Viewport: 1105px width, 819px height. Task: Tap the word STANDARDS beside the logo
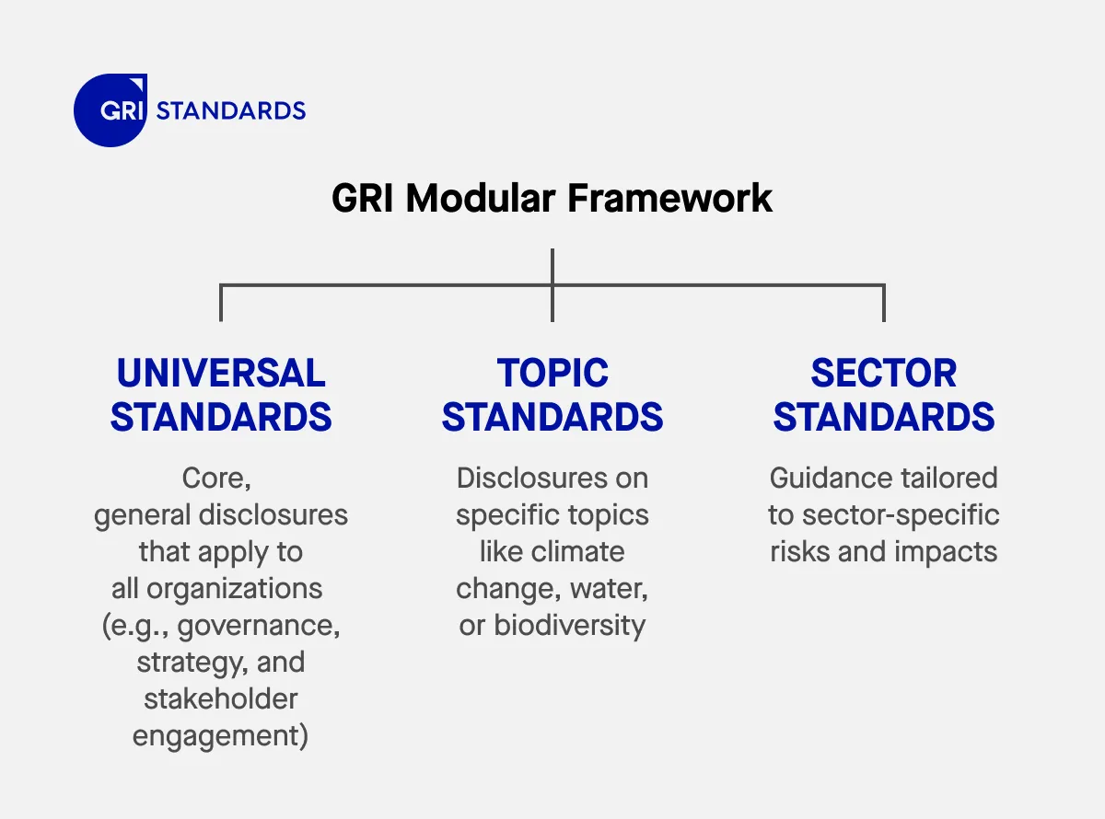pyautogui.click(x=231, y=111)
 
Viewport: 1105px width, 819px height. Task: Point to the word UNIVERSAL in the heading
pyautogui.click(x=221, y=374)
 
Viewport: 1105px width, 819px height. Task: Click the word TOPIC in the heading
pyautogui.click(x=552, y=374)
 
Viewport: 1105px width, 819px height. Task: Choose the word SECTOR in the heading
pyautogui.click(x=883, y=374)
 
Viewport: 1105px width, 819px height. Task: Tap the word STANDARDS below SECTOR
pyautogui.click(x=883, y=417)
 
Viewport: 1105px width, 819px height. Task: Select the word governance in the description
pyautogui.click(x=258, y=626)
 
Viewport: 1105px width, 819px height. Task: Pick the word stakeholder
pyautogui.click(x=221, y=699)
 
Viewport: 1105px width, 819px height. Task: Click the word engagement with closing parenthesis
pyautogui.click(x=221, y=736)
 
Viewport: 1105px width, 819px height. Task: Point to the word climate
pyautogui.click(x=579, y=552)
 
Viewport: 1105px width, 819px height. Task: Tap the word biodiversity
pyautogui.click(x=570, y=626)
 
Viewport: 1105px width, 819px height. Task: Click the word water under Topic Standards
pyautogui.click(x=610, y=589)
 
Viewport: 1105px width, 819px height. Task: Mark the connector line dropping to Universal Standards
pyautogui.click(x=221, y=304)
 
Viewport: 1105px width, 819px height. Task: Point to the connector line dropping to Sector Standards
pyautogui.click(x=884, y=304)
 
